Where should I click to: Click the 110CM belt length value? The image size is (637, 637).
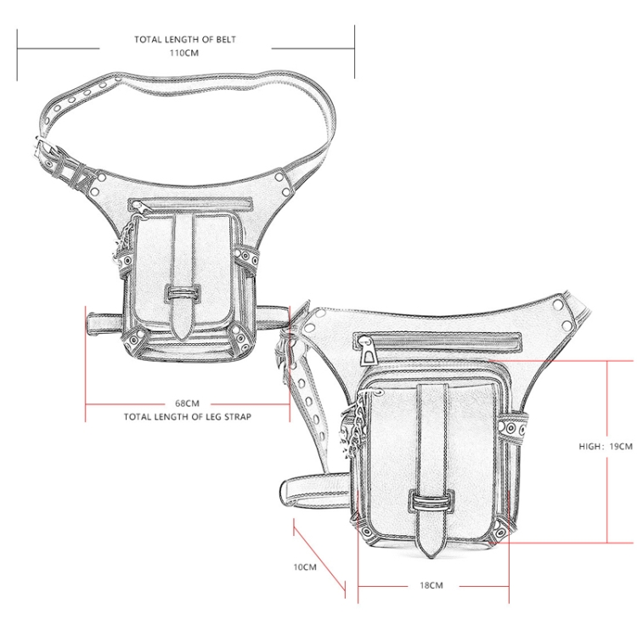pos(184,53)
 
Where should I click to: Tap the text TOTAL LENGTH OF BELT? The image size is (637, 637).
pos(185,39)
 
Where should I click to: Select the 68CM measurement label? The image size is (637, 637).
pos(188,403)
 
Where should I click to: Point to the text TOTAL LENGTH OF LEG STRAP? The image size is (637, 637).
pos(188,417)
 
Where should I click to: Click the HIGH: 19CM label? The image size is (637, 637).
pos(606,446)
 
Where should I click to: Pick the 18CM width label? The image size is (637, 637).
pos(431,585)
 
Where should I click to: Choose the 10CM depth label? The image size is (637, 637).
pos(305,567)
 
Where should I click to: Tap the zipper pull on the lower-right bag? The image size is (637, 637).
pos(369,352)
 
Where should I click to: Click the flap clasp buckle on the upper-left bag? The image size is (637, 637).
pos(183,293)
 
